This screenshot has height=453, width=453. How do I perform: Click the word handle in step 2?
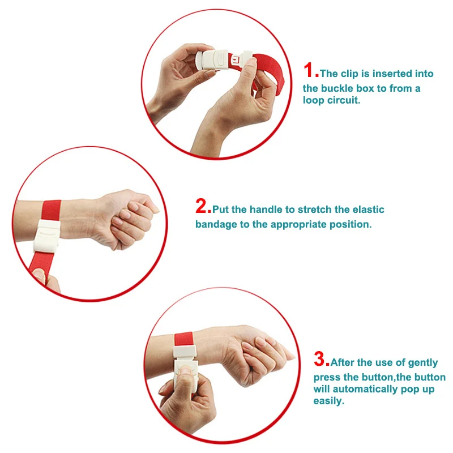[x=268, y=210]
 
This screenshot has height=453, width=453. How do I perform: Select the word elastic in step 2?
[x=367, y=210]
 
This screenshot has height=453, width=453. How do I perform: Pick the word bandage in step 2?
[x=213, y=224]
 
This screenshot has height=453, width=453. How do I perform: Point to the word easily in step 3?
[x=329, y=401]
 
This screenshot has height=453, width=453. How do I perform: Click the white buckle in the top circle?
[x=216, y=58]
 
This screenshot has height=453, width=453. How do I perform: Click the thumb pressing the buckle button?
[x=184, y=378]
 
